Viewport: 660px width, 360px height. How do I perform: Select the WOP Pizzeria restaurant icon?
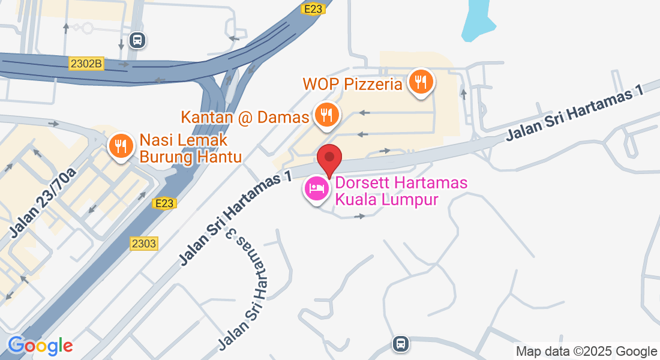(x=421, y=81)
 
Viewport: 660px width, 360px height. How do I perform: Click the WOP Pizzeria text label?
(x=352, y=83)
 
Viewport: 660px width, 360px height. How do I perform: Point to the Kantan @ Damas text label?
(x=245, y=117)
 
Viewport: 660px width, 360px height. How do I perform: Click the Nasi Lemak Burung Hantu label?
(x=190, y=149)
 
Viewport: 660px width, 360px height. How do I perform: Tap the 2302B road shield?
(x=86, y=63)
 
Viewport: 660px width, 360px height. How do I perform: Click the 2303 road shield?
(x=143, y=243)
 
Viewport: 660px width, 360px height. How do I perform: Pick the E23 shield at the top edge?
(x=313, y=8)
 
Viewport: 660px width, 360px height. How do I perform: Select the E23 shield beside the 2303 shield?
(x=164, y=203)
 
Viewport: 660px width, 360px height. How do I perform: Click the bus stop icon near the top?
(x=137, y=41)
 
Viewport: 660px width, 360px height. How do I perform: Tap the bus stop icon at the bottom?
(x=401, y=344)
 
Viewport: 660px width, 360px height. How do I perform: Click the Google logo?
(x=40, y=346)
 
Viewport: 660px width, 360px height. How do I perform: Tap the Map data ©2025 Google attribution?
(x=587, y=352)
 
